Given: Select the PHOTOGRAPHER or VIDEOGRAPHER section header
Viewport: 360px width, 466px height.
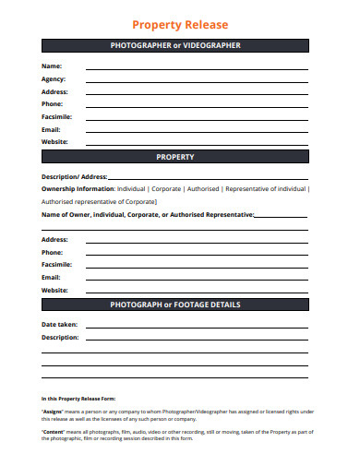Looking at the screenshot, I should [x=174, y=45].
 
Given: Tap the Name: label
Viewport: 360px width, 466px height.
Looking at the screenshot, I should [x=52, y=66].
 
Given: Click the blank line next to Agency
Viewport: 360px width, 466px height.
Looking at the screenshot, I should [x=197, y=82].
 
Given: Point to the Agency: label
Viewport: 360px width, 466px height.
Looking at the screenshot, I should [x=54, y=79].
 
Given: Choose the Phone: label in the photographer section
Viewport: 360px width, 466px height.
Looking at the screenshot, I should [x=53, y=104].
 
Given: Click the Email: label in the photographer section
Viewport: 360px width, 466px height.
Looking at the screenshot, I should [x=52, y=129].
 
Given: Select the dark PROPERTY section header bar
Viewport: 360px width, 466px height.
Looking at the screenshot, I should [x=174, y=157].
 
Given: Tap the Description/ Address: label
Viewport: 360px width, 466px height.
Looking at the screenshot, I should [x=75, y=176].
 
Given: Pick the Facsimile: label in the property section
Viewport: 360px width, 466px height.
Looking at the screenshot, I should [x=56, y=264].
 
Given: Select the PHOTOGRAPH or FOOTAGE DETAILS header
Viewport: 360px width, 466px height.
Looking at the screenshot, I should [x=174, y=305].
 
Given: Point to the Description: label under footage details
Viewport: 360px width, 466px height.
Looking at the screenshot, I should [x=60, y=338].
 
